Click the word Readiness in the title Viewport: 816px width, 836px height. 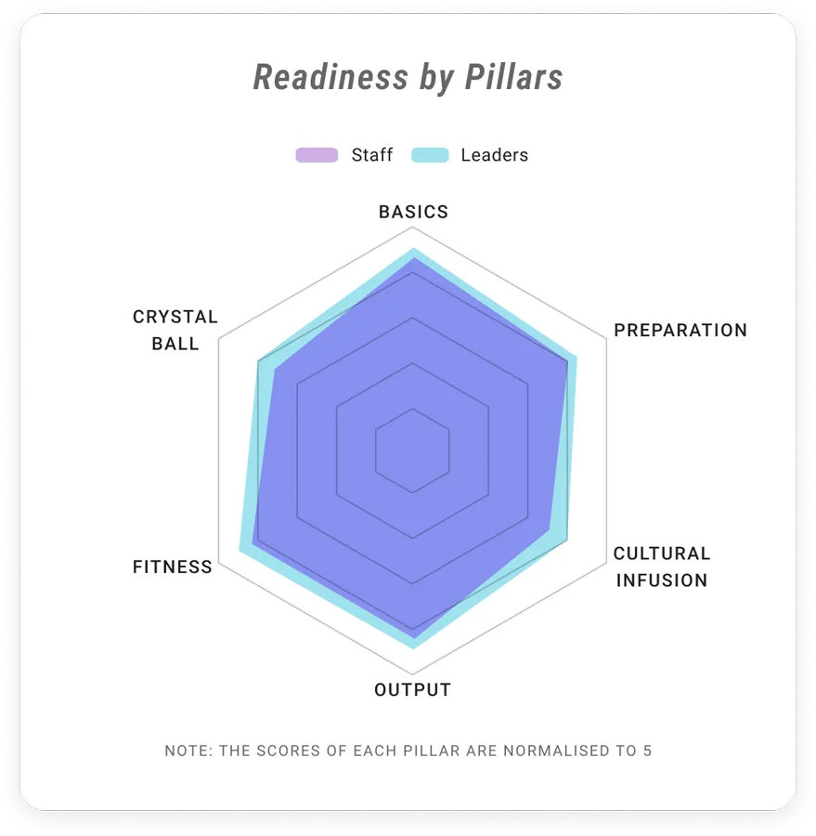coord(330,77)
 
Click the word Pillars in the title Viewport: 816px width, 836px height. coord(513,77)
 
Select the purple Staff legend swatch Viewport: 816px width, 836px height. coord(317,155)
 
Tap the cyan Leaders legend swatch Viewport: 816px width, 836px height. coord(430,155)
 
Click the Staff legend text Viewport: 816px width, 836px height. coord(372,155)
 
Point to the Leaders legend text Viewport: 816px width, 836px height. coord(495,155)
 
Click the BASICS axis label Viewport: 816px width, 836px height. coord(414,212)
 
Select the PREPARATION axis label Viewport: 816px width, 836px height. coord(680,331)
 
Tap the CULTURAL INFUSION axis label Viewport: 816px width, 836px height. coord(662,567)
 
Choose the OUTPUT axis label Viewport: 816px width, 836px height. coord(412,690)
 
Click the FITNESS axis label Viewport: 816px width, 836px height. coord(173,567)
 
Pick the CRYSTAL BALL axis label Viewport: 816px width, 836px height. coord(175,330)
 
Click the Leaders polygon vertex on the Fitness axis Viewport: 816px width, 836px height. coord(240,550)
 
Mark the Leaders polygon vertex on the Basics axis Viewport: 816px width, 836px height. coord(412,248)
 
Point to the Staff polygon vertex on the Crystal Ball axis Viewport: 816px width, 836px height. coord(275,371)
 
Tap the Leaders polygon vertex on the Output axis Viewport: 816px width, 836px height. coord(412,648)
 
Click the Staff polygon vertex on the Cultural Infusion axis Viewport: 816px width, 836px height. coord(550,529)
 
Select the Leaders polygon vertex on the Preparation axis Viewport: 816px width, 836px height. coord(576,356)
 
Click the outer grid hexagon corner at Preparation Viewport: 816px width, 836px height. coord(606,338)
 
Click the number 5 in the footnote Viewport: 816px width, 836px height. coord(648,751)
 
